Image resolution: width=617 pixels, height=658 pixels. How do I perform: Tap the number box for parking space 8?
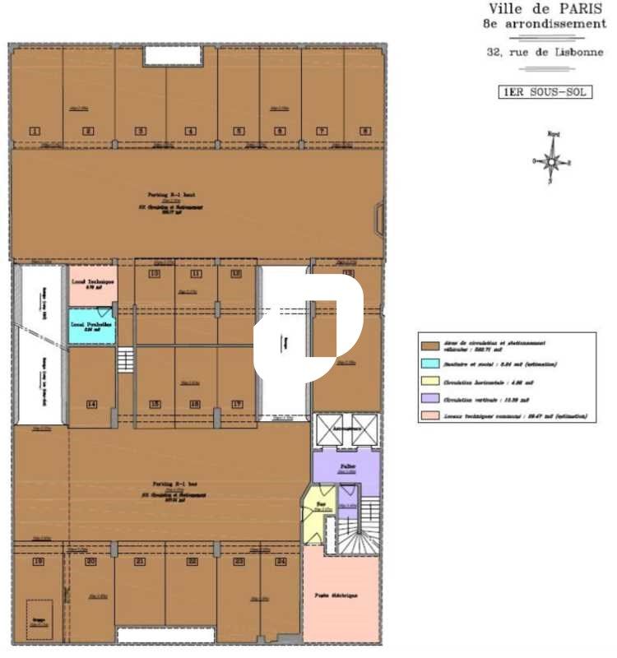tap(364, 131)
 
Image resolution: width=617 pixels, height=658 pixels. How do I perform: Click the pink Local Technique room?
tap(90, 285)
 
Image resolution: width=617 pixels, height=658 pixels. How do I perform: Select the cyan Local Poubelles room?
tap(90, 327)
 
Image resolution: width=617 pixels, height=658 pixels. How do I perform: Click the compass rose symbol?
tap(552, 160)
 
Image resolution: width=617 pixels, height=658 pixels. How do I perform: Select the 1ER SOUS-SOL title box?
tap(545, 92)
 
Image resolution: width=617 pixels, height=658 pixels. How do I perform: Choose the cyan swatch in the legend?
tap(428, 364)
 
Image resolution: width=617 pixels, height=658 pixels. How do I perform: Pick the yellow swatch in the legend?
tap(428, 381)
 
